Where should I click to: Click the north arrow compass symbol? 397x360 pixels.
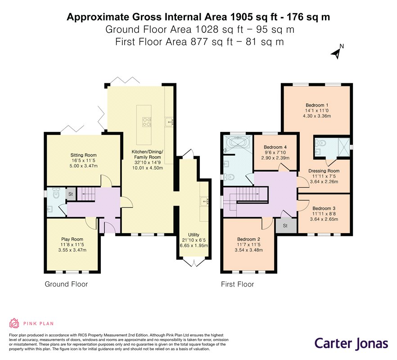[337, 52]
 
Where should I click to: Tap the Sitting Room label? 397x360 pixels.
[83, 155]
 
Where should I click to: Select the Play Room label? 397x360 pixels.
[72, 239]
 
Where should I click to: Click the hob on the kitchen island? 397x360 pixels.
[147, 122]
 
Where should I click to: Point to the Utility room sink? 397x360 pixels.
[204, 202]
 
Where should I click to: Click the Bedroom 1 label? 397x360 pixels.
[317, 105]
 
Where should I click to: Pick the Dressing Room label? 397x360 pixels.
[324, 171]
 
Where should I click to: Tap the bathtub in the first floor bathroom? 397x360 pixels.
[238, 143]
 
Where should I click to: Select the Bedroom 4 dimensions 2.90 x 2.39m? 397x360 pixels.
[275, 158]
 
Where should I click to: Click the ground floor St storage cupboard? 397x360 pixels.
[71, 194]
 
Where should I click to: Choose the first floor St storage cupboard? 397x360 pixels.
[285, 225]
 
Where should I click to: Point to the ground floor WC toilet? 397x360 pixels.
[55, 193]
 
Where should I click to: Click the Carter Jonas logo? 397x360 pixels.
[351, 344]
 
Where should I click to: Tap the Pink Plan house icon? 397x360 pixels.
[14, 323]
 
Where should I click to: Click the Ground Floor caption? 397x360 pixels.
[66, 284]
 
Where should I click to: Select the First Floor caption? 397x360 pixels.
[238, 284]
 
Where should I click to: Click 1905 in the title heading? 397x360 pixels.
[241, 17]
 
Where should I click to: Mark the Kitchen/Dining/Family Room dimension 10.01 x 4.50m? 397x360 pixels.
[148, 168]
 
